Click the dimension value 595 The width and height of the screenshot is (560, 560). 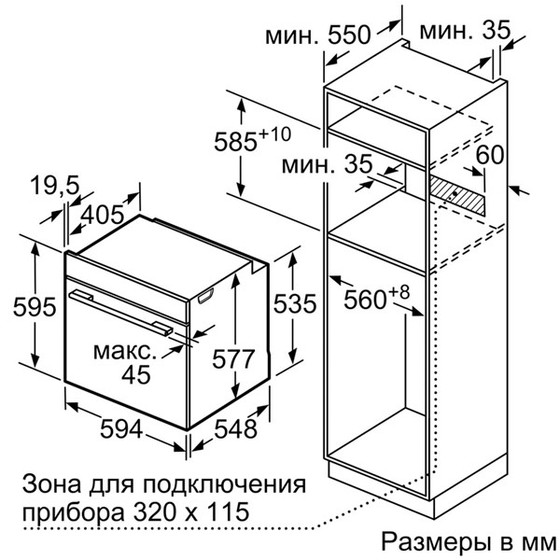point(35,306)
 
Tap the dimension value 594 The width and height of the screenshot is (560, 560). point(121,428)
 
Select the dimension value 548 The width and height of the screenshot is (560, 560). point(235,428)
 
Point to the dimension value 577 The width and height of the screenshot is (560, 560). point(233,358)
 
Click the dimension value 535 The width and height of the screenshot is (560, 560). point(295,303)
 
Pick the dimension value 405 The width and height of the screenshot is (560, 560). point(103,216)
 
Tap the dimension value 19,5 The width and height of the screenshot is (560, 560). point(54,186)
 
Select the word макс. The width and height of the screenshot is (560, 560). point(125,352)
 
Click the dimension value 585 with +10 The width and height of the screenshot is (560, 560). point(253,140)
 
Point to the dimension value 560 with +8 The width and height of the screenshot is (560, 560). point(376,298)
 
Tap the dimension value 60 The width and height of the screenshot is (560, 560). point(490,155)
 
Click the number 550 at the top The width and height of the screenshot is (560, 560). point(350,35)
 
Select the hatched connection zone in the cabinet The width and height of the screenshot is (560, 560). point(457,195)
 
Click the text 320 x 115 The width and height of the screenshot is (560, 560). point(190,511)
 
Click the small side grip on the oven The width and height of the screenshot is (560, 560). point(205,296)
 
